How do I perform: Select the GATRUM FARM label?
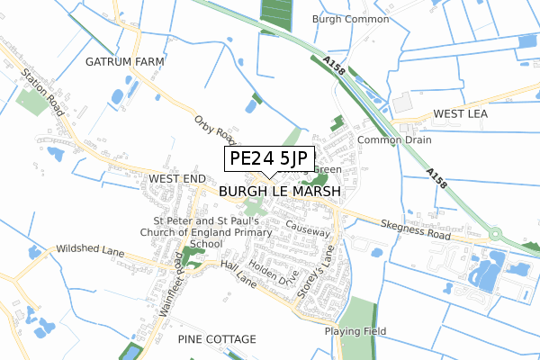[122, 61]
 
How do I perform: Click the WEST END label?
[177, 180]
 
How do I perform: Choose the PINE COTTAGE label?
[217, 339]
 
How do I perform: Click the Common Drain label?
[394, 140]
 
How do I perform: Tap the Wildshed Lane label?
[88, 247]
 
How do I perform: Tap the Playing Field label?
[355, 331]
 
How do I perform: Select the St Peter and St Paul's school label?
[207, 231]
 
